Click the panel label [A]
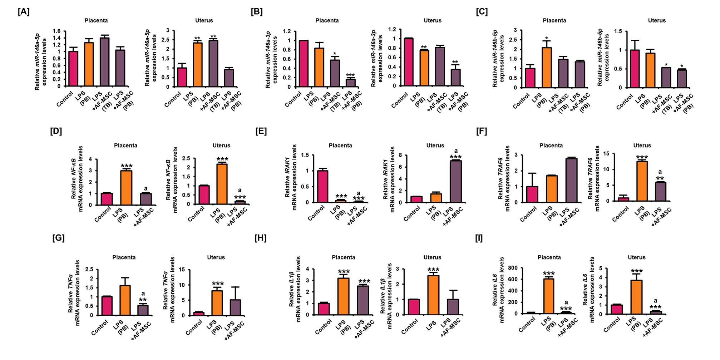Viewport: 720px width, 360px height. (24, 12)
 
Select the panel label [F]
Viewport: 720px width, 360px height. (482, 131)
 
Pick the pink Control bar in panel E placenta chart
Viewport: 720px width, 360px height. (323, 187)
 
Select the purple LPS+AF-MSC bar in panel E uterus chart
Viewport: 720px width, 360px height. (455, 182)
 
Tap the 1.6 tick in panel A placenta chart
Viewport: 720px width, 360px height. (56, 31)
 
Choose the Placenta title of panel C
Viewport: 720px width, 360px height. (554, 21)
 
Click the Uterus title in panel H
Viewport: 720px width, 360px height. (432, 257)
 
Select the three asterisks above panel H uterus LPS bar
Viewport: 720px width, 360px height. (433, 270)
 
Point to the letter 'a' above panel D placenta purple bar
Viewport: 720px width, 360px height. (146, 189)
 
